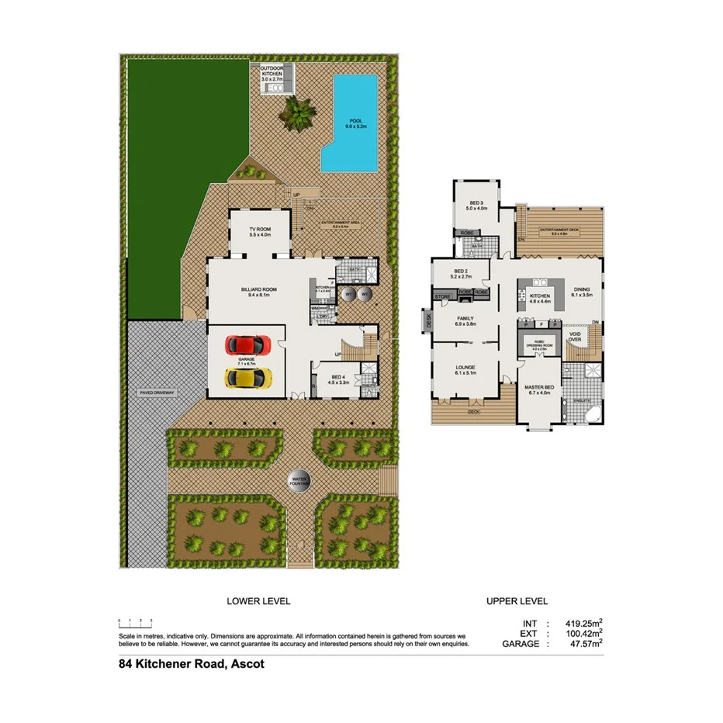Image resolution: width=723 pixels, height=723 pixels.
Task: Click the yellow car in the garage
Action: (x=247, y=378)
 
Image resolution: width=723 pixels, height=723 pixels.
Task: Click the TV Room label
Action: (x=259, y=232)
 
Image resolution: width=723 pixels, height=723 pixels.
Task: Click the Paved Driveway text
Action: (x=158, y=393)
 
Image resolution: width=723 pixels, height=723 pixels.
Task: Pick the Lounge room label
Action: (x=465, y=369)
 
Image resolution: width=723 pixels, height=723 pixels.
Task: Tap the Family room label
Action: (x=465, y=320)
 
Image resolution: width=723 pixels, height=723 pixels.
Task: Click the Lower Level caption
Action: (x=258, y=601)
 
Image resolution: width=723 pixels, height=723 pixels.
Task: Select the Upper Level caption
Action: (x=517, y=601)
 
